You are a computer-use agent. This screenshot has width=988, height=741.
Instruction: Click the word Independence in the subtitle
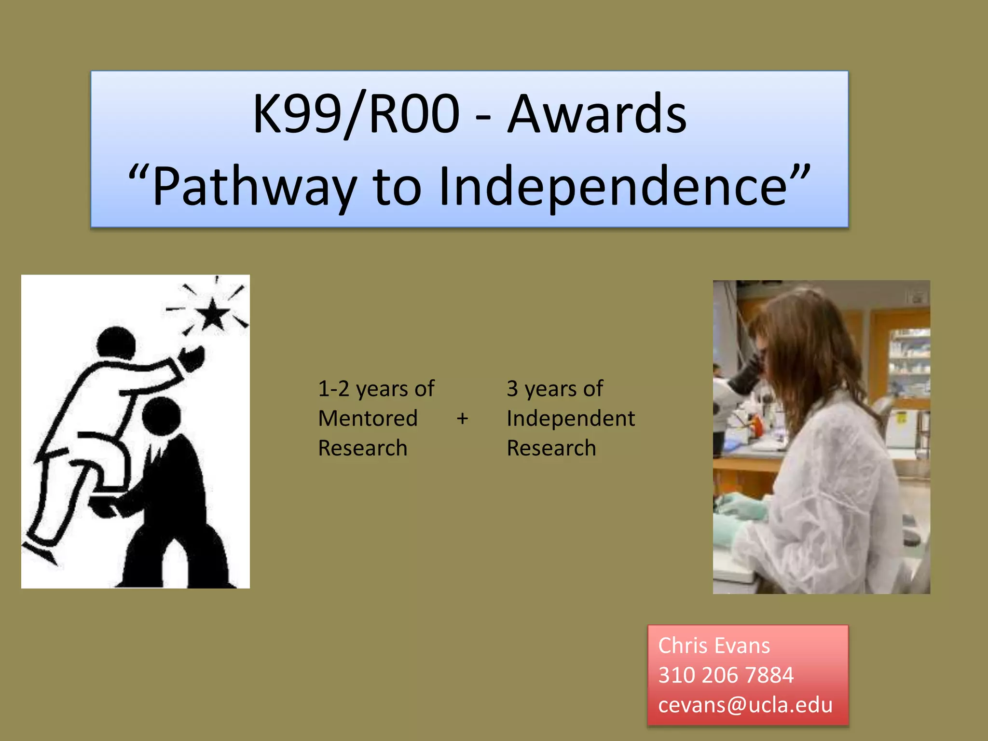(613, 186)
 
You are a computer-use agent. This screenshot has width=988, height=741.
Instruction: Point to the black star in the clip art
(212, 314)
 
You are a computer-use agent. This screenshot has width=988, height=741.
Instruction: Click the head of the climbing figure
(116, 343)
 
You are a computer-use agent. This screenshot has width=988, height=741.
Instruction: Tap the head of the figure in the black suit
(162, 416)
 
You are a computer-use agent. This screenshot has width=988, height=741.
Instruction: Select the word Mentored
(368, 418)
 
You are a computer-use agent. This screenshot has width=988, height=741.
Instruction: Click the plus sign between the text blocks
(462, 418)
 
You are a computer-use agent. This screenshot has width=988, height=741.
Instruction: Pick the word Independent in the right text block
(570, 418)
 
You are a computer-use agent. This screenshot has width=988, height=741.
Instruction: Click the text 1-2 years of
(376, 389)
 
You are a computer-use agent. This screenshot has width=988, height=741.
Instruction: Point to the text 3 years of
(554, 389)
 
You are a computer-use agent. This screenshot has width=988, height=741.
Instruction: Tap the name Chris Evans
(714, 645)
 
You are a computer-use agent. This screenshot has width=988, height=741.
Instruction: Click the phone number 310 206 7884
(726, 675)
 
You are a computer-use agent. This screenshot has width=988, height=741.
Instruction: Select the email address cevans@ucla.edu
(745, 705)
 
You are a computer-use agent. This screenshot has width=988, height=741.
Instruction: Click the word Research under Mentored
(362, 448)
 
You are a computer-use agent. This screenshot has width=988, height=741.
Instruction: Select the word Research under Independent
(551, 448)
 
